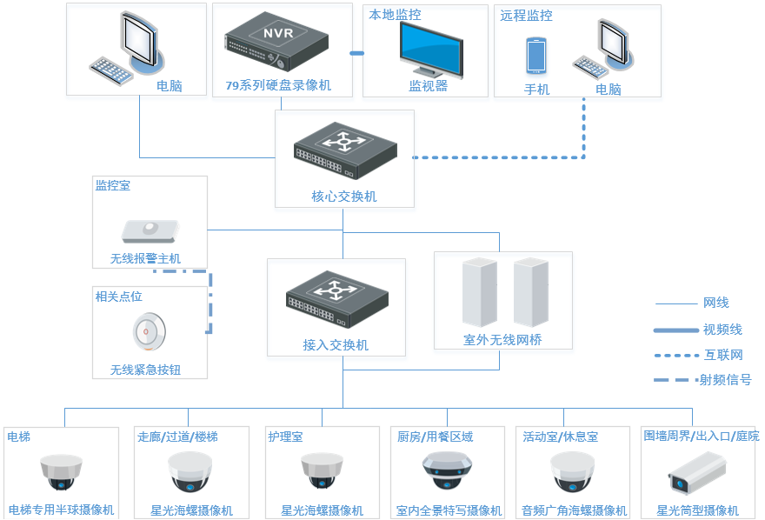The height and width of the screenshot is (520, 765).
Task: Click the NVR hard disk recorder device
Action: [x=276, y=43]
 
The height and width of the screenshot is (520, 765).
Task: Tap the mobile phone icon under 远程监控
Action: [x=535, y=56]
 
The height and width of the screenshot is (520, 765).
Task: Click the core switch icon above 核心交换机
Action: [x=344, y=149]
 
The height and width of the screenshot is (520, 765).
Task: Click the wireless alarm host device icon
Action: [x=150, y=230]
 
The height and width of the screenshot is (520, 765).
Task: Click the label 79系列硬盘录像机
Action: [x=278, y=86]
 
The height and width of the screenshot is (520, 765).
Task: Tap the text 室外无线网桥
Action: [x=502, y=340]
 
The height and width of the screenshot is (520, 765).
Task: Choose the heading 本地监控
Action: [x=395, y=15]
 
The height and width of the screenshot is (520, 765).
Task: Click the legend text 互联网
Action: [x=723, y=355]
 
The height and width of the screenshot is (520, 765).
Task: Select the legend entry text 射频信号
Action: [x=725, y=379]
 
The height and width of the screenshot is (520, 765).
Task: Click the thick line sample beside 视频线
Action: [x=675, y=330]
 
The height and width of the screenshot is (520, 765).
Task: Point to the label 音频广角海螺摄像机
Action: [x=574, y=510]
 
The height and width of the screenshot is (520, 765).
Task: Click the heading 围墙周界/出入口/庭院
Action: [x=701, y=436]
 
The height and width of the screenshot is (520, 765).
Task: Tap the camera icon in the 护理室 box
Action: [x=322, y=472]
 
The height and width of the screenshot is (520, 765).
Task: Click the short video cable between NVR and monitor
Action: [x=356, y=53]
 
